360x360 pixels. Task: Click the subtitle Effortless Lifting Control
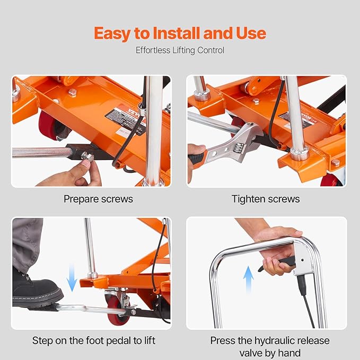point(180,50)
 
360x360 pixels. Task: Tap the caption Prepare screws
point(98,199)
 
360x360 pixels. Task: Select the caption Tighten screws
point(265,199)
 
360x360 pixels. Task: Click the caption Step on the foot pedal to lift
point(94,340)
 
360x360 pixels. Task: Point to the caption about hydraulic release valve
point(270,346)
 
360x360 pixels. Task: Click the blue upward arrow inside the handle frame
point(248,279)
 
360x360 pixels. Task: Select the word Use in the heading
point(248,33)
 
